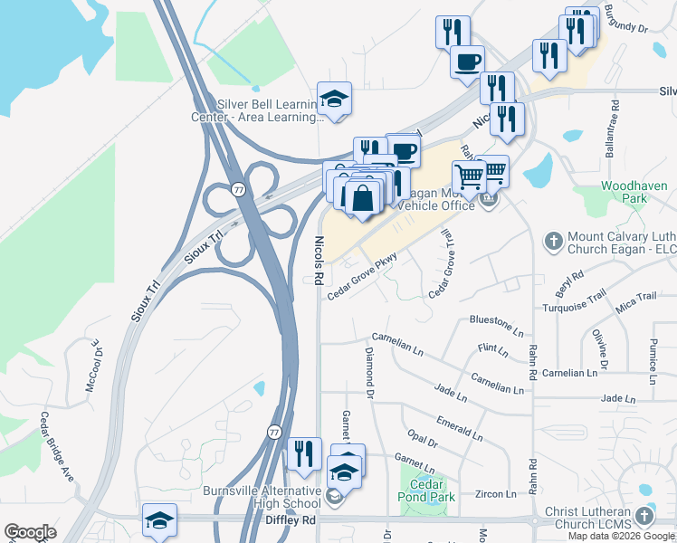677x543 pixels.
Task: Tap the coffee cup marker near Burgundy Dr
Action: [467, 62]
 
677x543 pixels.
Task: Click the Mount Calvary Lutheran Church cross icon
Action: [553, 242]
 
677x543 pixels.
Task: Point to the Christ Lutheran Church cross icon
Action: [644, 516]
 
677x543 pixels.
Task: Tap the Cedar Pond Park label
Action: [421, 490]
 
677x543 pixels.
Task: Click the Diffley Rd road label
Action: [290, 520]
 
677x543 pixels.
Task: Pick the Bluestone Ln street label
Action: [496, 323]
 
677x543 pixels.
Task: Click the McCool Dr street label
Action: [92, 365]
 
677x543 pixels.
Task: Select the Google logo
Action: [31, 532]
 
